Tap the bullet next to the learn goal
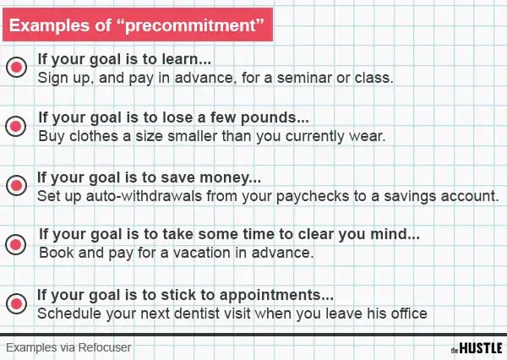point(16,67)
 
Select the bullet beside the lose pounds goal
point(15,126)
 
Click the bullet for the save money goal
point(16,185)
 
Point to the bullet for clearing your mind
point(15,244)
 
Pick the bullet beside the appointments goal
point(16,303)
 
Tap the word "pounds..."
point(275,118)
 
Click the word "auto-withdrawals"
point(144,196)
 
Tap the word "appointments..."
point(276,296)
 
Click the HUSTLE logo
point(477,348)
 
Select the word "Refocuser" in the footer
point(105,347)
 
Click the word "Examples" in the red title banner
point(49,25)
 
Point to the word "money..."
point(230,178)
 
